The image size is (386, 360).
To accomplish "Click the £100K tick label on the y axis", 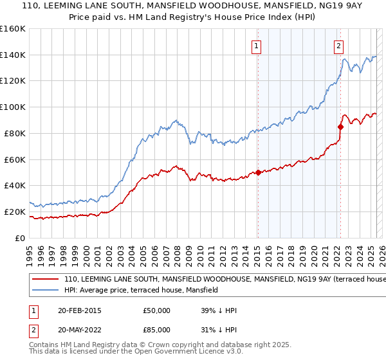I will click(13, 107).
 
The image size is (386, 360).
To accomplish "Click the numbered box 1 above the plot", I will click(257, 46).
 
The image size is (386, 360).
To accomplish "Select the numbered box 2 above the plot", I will click(338, 46).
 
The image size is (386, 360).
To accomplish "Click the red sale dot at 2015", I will click(258, 172).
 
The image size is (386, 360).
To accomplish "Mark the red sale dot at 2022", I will click(340, 127).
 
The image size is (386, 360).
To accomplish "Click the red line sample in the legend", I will click(46, 280).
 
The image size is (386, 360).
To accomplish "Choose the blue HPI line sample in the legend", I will click(46, 291).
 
